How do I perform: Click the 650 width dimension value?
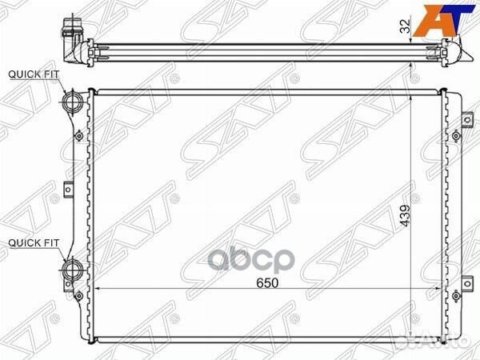[267, 283]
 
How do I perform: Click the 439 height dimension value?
[405, 215]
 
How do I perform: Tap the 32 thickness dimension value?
[405, 26]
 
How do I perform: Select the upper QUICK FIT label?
[34, 74]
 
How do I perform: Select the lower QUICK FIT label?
[34, 243]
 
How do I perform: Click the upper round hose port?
[72, 102]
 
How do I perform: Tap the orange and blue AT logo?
[443, 21]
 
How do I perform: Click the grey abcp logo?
[251, 261]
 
